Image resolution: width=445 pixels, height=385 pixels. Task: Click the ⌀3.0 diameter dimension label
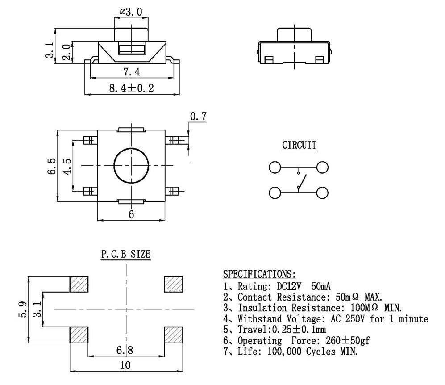coord(131,12)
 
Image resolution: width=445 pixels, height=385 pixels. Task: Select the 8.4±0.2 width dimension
coord(131,88)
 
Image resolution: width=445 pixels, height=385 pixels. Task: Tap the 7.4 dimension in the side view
coord(132,72)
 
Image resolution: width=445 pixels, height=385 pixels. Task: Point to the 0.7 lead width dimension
coord(198,117)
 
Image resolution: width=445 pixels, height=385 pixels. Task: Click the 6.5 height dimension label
coord(52,166)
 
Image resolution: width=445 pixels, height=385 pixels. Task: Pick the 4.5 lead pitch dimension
coord(67,167)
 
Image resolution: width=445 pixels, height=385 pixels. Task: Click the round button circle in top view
coord(131,166)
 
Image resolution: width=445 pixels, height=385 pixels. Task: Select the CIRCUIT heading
coord(299,145)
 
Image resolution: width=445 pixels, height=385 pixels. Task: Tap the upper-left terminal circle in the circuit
coord(274,167)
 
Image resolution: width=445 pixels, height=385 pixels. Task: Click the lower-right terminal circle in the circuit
coord(322,193)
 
